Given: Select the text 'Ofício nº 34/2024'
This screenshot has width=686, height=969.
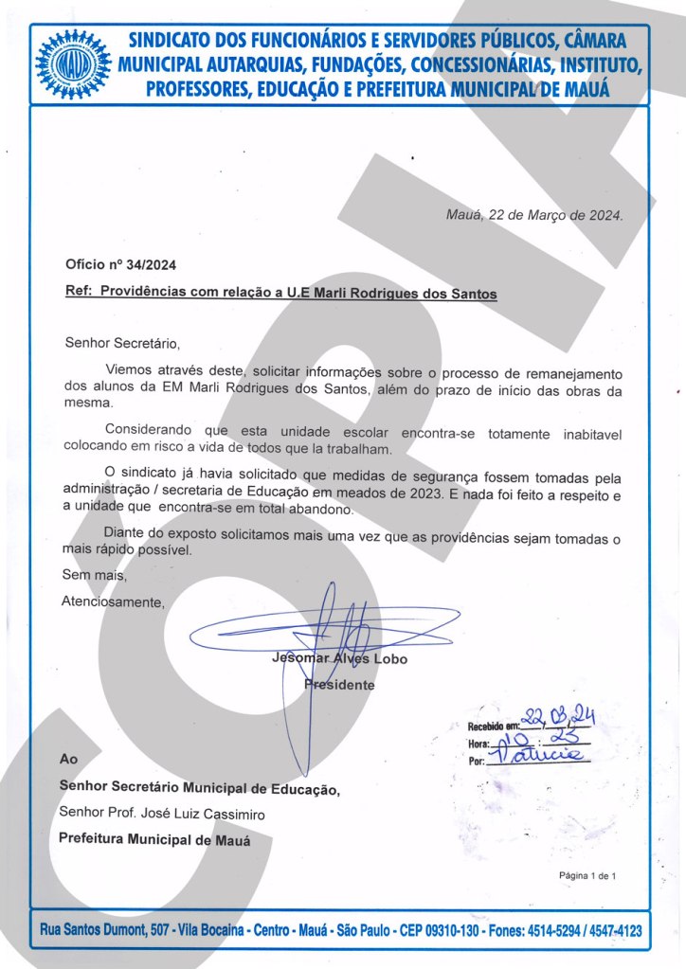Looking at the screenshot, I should click(120, 264).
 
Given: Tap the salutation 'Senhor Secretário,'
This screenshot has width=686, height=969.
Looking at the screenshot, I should click(121, 342).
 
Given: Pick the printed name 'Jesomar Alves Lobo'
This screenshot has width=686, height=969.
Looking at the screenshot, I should click(339, 658).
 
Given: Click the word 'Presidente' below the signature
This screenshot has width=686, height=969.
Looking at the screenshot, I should click(339, 684).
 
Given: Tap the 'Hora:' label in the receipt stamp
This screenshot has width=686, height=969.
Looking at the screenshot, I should click(478, 744).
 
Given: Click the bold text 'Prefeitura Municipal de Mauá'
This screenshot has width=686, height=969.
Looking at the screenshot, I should click(154, 839).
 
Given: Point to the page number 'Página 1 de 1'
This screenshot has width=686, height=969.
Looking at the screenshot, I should click(587, 875).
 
